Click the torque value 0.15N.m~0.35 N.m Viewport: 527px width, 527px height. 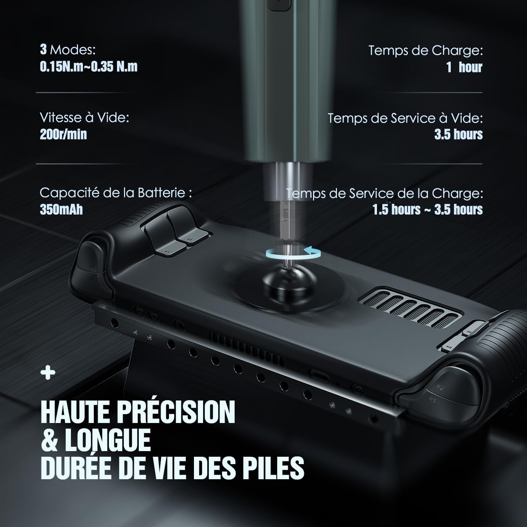coord(89,66)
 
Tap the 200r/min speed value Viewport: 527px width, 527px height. coord(63,134)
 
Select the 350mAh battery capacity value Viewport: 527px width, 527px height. coord(61,209)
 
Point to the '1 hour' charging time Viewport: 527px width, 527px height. coord(464,67)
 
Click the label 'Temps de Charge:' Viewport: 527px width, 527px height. coord(425,51)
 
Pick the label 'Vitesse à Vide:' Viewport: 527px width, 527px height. coord(84,117)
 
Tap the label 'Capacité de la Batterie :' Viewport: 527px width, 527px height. coord(116,193)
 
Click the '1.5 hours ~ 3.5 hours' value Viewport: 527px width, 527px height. coord(428,209)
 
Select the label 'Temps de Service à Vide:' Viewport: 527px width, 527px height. coord(405,118)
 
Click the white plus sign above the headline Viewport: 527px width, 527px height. coord(48,373)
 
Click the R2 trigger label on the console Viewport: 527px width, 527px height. coord(440,387)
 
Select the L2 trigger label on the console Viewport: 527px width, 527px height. coord(92,265)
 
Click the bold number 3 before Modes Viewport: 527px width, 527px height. coord(43,50)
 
